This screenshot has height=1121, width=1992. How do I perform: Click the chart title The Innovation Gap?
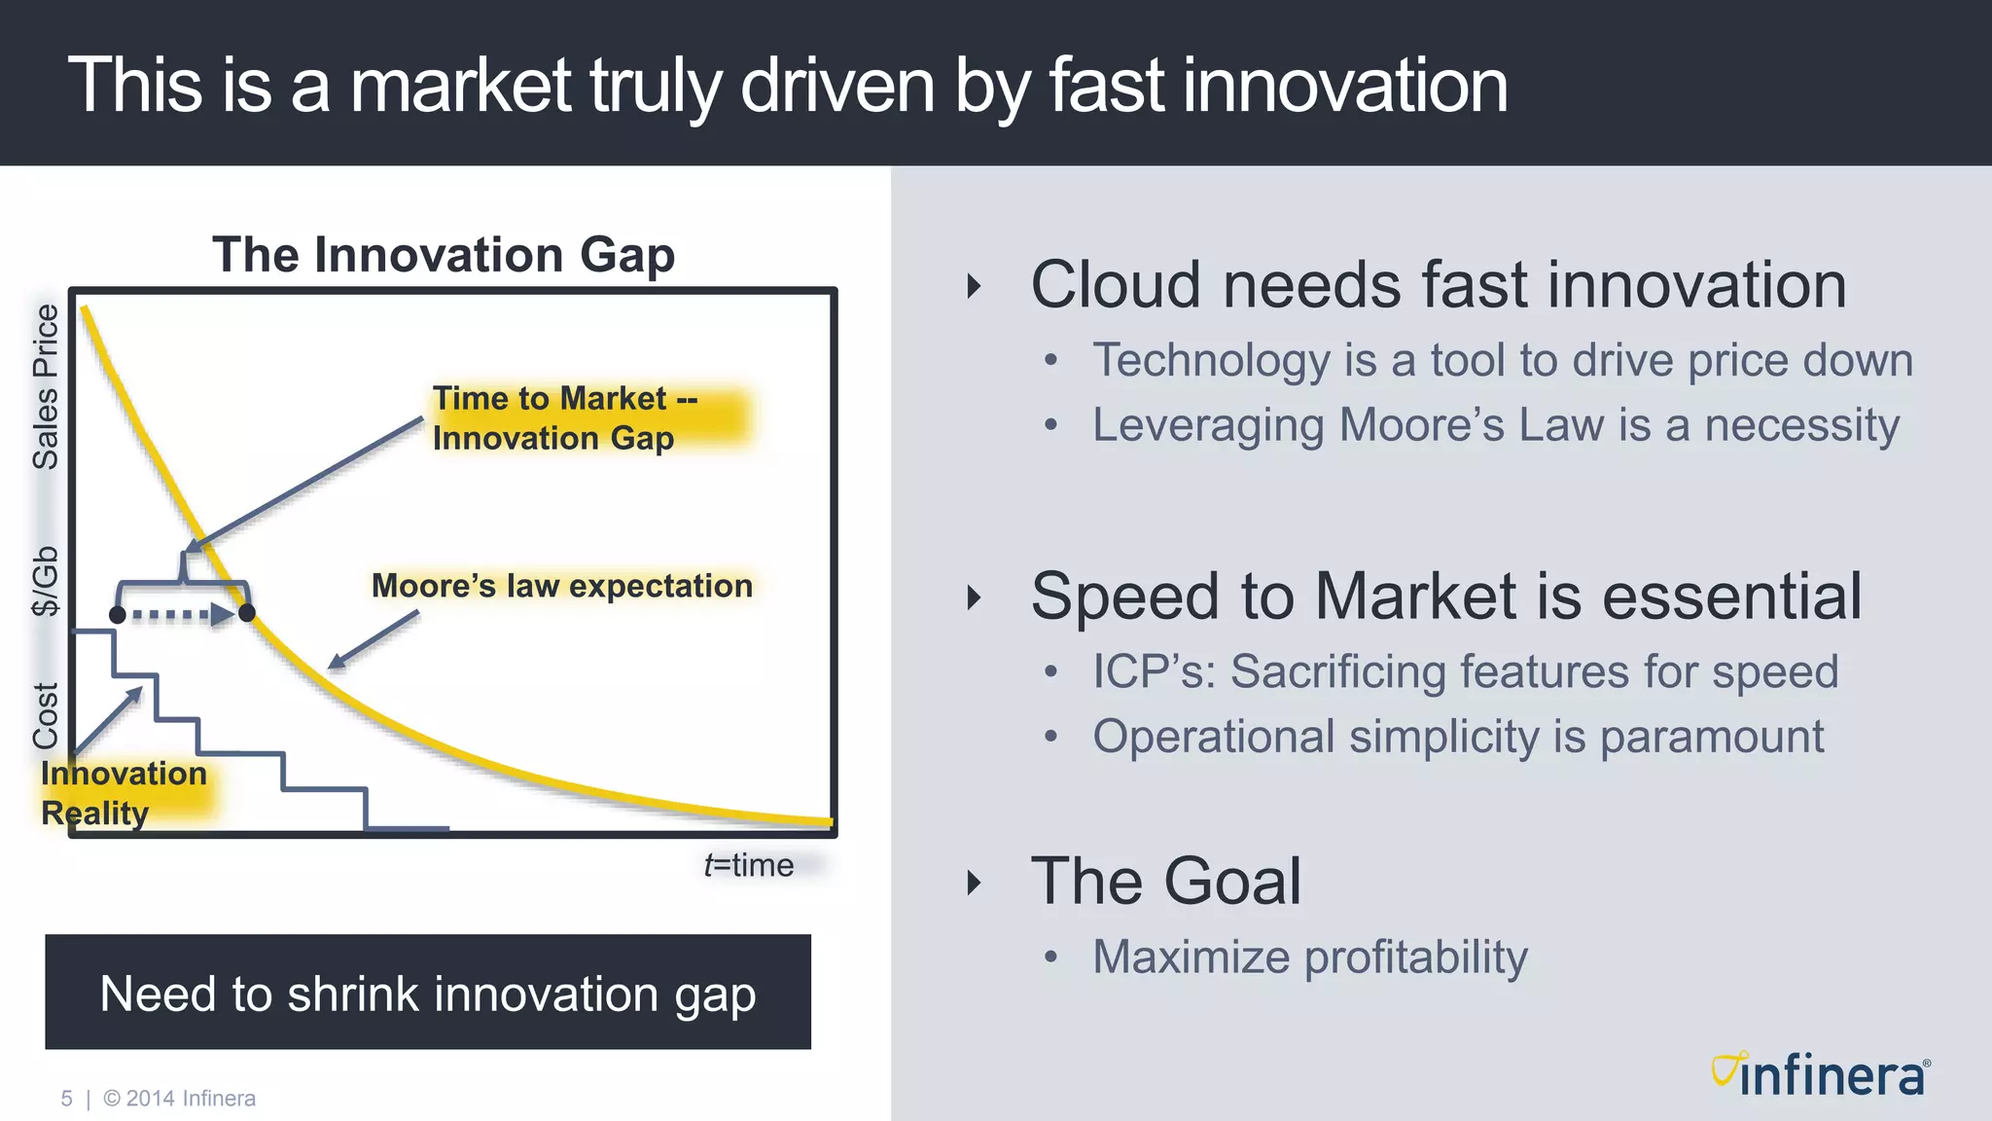[444, 255]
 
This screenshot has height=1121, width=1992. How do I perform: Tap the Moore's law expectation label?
[561, 586]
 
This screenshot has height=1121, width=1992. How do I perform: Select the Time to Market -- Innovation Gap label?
[564, 418]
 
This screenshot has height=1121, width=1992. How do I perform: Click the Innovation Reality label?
[124, 793]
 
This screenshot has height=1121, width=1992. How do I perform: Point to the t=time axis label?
[748, 865]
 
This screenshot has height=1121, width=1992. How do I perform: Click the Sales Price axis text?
[46, 386]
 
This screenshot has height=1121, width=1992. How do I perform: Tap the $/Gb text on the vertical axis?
[46, 581]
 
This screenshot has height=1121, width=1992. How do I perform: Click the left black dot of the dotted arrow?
[118, 615]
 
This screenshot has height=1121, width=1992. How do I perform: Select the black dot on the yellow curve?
[247, 613]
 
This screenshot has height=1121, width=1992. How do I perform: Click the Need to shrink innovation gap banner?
[428, 993]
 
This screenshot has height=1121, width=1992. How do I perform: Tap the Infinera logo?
[1820, 1075]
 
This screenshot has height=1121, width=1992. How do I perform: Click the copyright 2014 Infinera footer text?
[180, 1099]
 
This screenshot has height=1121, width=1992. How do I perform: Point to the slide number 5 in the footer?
[66, 1099]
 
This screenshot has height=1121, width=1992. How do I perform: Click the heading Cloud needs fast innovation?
[1438, 285]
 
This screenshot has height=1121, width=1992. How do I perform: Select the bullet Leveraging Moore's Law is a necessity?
[1495, 425]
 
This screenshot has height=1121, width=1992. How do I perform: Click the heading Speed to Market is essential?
[1445, 597]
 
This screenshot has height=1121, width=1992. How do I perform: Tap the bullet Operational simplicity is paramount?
[1457, 737]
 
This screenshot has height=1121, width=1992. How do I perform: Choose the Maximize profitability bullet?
[1309, 958]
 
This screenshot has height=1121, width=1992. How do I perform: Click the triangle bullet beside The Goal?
[974, 883]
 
